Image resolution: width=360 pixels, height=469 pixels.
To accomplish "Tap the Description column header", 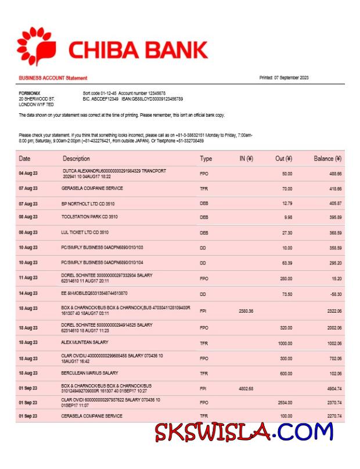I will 76,158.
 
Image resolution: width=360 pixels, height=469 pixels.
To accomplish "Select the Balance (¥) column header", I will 327,158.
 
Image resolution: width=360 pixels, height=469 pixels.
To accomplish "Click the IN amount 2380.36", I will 246,312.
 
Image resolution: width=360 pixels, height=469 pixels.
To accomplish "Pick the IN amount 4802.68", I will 246,388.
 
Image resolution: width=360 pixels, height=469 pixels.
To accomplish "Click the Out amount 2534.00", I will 284,402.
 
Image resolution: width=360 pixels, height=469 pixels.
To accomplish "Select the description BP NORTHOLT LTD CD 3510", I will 88,204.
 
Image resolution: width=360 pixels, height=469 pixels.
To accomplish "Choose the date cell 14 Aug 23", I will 28,293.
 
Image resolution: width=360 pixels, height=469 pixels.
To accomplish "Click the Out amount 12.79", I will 286,204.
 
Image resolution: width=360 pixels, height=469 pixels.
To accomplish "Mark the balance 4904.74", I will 333,388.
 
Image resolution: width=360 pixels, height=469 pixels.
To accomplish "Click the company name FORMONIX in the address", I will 29,93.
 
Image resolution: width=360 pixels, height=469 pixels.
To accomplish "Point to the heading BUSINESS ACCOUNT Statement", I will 53,78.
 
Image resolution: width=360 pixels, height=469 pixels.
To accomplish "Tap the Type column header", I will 206,158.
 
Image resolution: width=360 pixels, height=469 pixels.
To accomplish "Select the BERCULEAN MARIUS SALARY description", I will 89,373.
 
